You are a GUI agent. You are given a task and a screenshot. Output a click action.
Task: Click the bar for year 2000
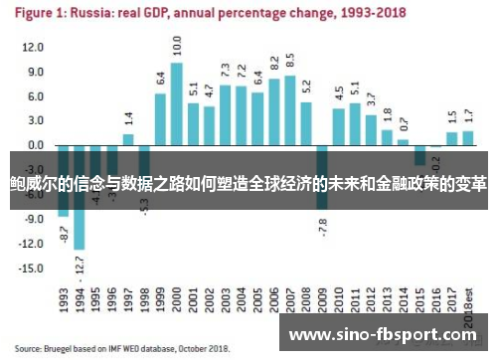(x=176, y=104)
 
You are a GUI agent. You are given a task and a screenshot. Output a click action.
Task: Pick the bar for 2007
(x=289, y=110)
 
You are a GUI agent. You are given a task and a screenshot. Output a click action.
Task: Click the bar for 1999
(x=160, y=119)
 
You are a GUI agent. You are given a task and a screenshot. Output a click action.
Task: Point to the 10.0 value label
(x=177, y=46)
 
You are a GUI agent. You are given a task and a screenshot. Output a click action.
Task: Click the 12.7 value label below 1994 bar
(x=80, y=265)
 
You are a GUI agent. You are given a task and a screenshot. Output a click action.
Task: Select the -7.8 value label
(x=322, y=226)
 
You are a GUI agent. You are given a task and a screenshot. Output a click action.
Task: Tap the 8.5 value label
(x=289, y=61)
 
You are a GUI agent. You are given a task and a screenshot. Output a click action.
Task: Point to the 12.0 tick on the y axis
(x=33, y=48)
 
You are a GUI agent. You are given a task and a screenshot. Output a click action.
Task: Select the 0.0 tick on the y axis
(x=35, y=145)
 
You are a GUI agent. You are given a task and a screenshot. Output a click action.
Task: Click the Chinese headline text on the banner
(x=248, y=185)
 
